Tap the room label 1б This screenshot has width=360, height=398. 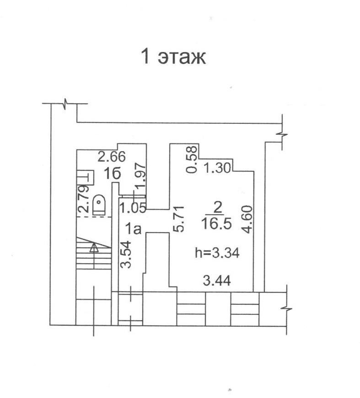[x=112, y=174]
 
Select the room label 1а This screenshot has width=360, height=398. [x=134, y=229]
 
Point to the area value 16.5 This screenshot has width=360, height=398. [x=216, y=223]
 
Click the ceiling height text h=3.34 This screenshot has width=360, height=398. [x=217, y=253]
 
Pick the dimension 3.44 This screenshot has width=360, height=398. [x=217, y=281]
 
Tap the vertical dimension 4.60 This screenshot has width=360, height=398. [x=247, y=219]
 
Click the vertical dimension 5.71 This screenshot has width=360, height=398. [x=178, y=219]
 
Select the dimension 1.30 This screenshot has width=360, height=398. [x=217, y=168]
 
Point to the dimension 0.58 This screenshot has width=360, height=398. [x=192, y=159]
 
